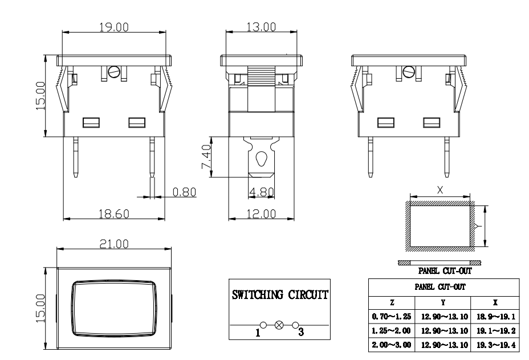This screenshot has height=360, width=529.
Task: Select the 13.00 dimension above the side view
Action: (x=261, y=27)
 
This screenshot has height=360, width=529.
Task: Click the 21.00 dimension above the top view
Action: (x=114, y=244)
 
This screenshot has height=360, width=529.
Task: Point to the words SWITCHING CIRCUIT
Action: (x=279, y=296)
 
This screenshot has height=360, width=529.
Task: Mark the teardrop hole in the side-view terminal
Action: (x=261, y=160)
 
